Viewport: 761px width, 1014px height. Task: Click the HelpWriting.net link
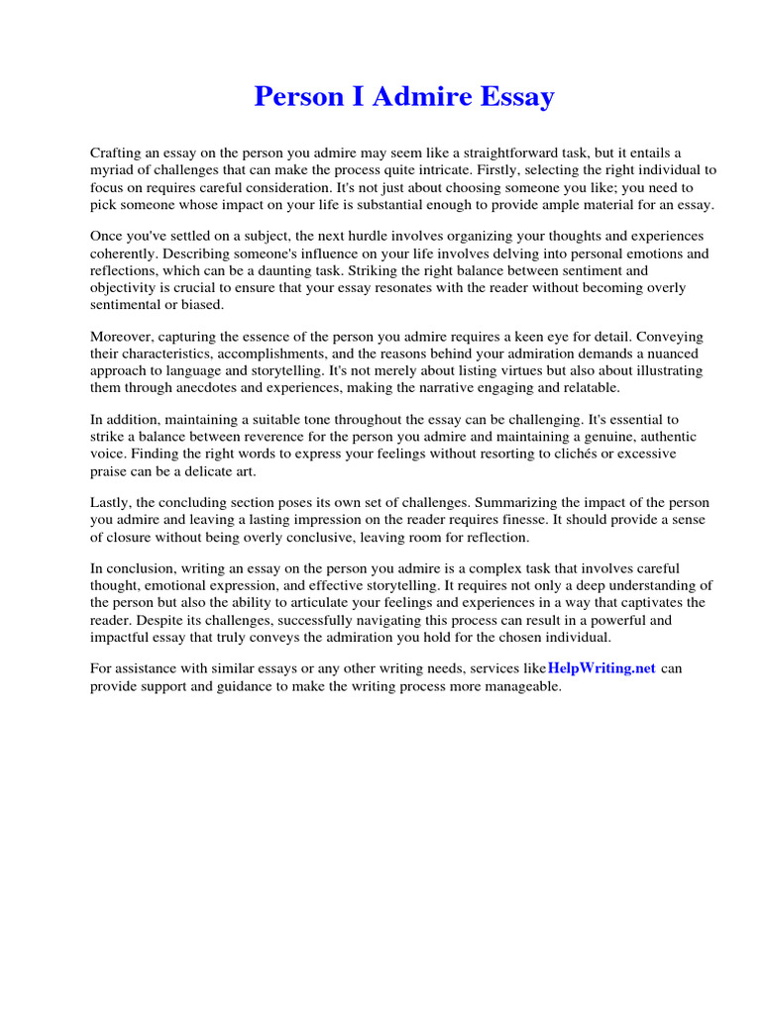pyautogui.click(x=601, y=668)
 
